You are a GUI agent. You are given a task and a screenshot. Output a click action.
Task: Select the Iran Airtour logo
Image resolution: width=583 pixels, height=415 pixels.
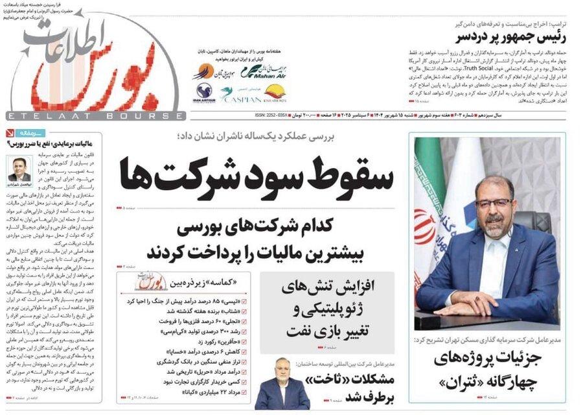coord(203,94)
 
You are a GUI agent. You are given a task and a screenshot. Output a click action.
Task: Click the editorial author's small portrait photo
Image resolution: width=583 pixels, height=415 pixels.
coord(19,169)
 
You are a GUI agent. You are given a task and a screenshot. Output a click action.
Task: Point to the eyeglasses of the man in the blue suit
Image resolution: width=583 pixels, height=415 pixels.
coord(493,202)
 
